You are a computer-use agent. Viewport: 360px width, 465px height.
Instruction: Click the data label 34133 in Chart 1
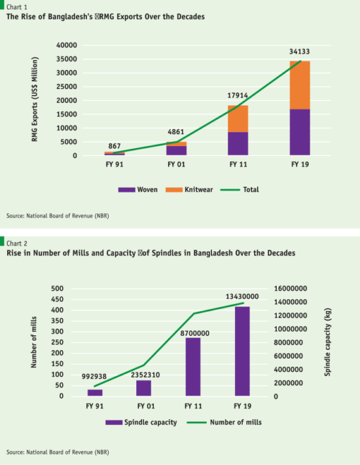click(x=300, y=50)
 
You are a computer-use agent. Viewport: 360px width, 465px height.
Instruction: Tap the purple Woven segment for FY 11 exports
click(x=238, y=143)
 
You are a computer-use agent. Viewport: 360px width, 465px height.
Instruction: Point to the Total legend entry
click(x=239, y=189)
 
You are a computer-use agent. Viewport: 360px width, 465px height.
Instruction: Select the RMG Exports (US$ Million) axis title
click(x=35, y=100)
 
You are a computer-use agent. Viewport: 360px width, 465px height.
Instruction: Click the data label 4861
click(x=177, y=130)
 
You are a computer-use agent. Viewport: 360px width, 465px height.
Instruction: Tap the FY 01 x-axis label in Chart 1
click(x=177, y=166)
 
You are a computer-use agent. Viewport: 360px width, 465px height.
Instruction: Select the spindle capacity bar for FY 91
click(x=96, y=392)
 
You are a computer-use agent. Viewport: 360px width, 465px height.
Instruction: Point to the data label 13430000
click(x=242, y=296)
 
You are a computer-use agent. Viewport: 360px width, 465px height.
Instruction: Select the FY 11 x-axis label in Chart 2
click(x=193, y=406)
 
